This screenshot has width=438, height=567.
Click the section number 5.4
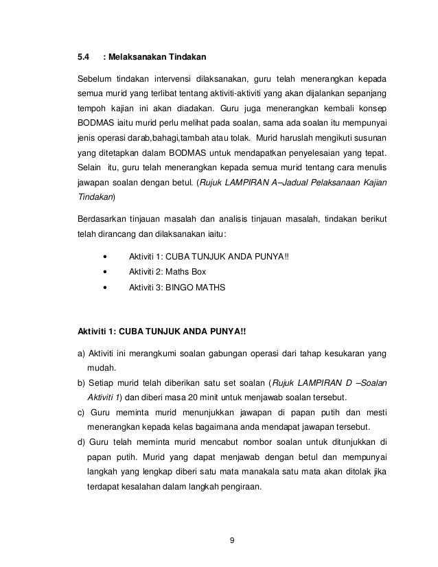[82, 56]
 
